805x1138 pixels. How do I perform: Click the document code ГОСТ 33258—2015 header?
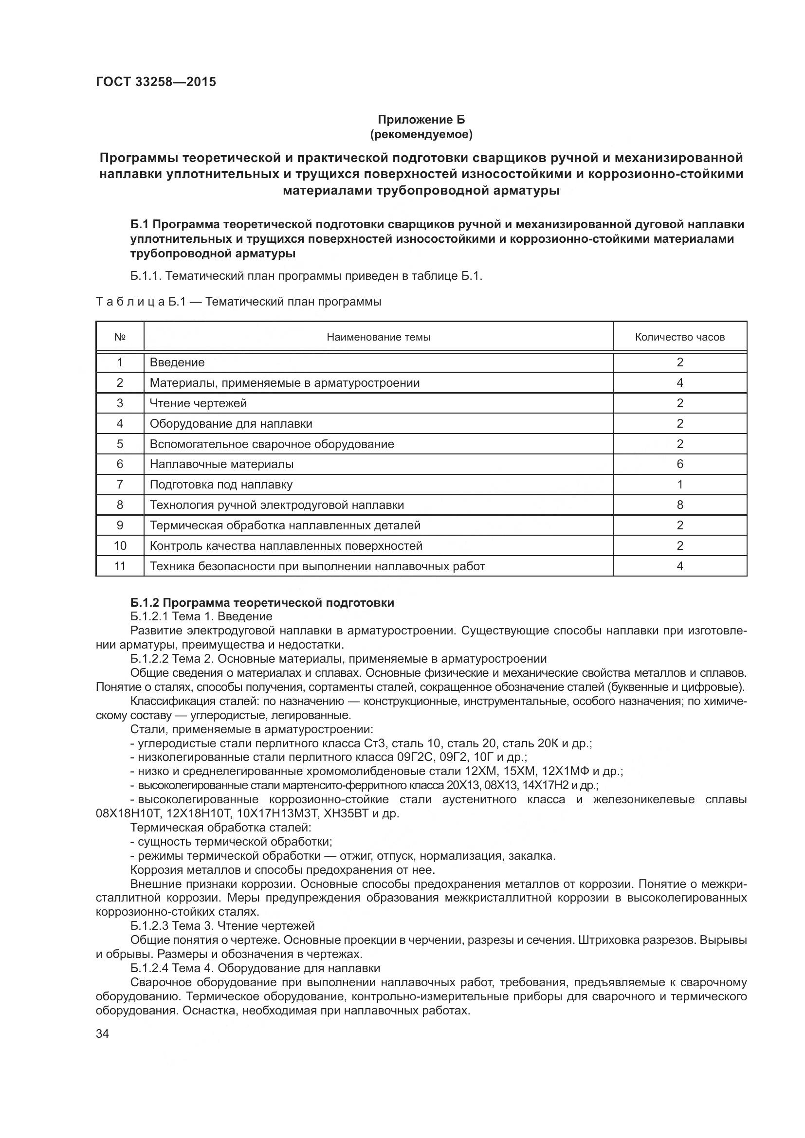156,82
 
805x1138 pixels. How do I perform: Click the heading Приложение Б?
421,120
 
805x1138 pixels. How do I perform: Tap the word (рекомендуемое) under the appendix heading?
421,134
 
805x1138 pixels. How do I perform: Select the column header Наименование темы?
378,337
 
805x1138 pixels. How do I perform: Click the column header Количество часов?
679,337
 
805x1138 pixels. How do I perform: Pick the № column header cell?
119,337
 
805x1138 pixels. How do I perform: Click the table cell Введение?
177,362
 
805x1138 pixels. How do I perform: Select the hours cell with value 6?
679,464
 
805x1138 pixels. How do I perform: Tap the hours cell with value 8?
679,505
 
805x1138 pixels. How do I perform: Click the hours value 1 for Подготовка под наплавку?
679,484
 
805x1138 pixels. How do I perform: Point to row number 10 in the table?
119,546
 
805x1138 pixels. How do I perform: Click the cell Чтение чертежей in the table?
198,403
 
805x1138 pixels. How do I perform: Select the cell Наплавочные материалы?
221,464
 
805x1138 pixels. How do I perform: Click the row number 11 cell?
119,566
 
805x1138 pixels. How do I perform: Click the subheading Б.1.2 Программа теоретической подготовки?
262,603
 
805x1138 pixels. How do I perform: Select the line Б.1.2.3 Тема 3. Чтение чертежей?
222,926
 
